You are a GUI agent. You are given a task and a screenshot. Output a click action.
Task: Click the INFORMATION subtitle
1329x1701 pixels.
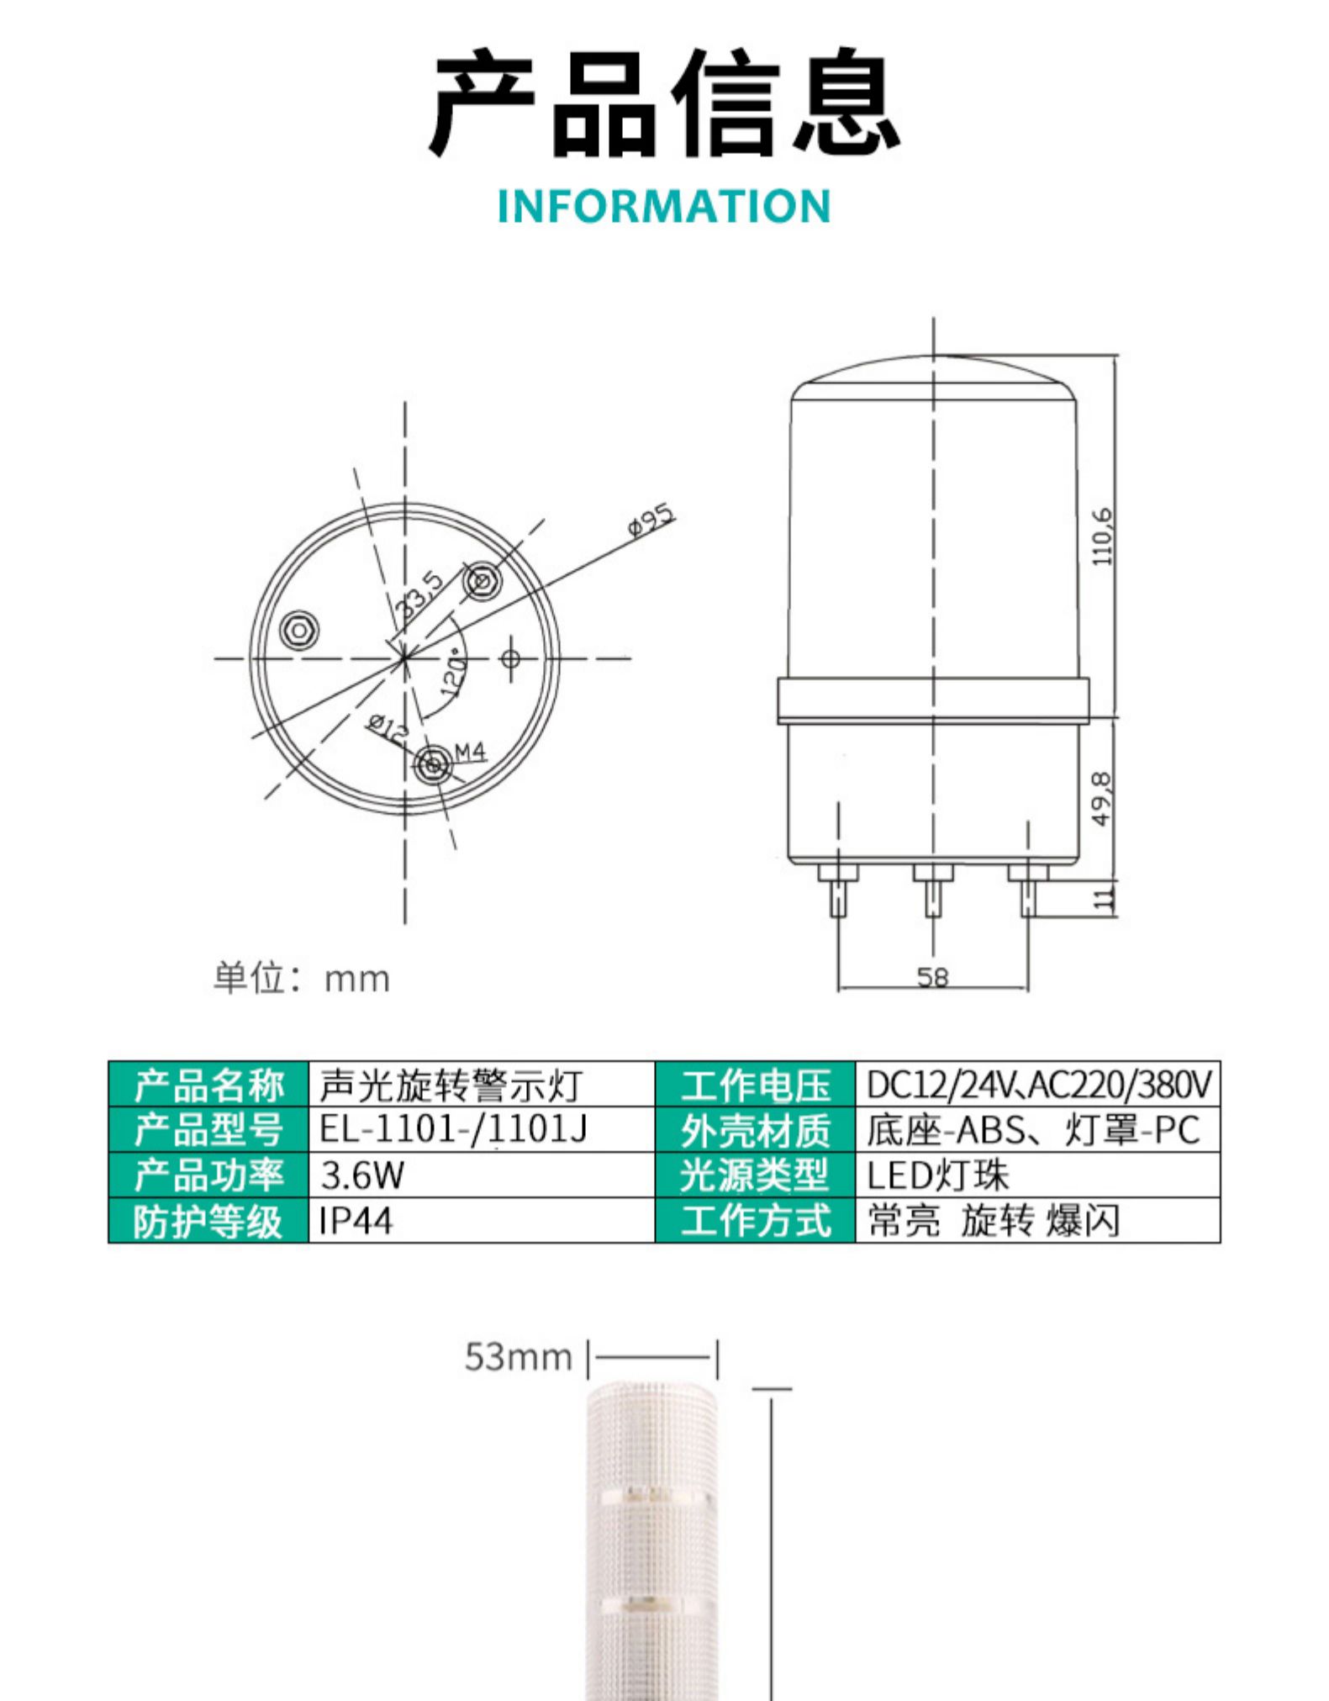click(663, 207)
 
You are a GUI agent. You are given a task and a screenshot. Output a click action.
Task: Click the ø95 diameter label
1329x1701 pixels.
click(651, 520)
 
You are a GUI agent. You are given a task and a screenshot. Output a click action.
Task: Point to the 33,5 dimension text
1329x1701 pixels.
click(419, 594)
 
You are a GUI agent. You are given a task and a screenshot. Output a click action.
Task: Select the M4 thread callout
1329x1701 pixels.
click(471, 752)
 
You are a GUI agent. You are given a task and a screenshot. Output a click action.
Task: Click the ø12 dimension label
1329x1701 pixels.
click(388, 728)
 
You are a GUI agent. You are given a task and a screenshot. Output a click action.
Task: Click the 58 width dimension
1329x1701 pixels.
click(932, 976)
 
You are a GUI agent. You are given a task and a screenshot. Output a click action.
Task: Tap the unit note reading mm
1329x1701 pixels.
click(302, 979)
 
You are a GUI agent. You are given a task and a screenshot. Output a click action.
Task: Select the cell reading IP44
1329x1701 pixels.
click(482, 1220)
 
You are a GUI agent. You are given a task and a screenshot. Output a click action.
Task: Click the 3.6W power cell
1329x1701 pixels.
click(482, 1175)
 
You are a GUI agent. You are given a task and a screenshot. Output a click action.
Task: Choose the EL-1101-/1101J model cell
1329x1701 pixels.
click(482, 1129)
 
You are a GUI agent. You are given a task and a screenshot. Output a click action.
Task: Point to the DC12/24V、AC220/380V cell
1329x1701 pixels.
click(1037, 1085)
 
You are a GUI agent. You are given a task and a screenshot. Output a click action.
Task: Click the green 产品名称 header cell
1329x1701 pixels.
click(209, 1085)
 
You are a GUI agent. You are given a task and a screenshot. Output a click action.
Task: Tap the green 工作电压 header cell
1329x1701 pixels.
click(755, 1085)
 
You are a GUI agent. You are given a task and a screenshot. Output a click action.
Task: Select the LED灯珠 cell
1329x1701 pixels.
click(1037, 1175)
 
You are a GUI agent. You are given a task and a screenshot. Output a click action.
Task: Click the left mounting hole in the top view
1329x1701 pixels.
click(299, 629)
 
